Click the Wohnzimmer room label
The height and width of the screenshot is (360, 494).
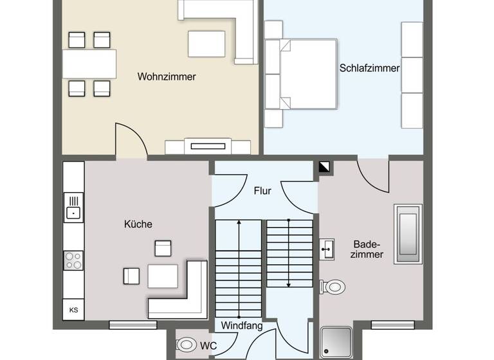(167, 76)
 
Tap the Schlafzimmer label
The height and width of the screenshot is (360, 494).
(369, 68)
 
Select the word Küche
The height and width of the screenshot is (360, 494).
(138, 224)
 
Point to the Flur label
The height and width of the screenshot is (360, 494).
(262, 191)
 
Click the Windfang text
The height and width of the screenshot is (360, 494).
(242, 326)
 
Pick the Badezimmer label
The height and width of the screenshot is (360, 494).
(368, 249)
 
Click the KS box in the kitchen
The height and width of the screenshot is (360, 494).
(73, 310)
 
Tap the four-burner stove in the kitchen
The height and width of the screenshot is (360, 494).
(73, 260)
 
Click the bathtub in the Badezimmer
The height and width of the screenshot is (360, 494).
(408, 234)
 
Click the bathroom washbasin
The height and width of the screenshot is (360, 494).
(327, 248)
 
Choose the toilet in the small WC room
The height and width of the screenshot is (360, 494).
(187, 345)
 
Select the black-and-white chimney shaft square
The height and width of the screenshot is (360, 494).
(324, 167)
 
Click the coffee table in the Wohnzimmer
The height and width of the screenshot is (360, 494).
(206, 44)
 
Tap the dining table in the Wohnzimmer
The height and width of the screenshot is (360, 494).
(89, 64)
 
